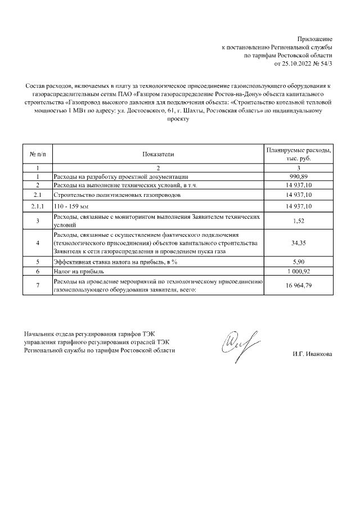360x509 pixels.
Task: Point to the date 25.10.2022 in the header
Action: (297, 64)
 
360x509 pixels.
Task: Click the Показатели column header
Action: (159, 154)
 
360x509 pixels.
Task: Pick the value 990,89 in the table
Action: (299, 176)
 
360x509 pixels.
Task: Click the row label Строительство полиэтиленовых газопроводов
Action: (117, 195)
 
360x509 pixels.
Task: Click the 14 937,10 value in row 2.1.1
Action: (299, 207)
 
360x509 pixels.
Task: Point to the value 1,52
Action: (299, 220)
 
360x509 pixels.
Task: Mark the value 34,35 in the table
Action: (299, 242)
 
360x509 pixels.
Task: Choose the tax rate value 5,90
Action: (299, 262)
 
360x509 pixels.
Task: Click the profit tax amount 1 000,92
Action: (299, 271)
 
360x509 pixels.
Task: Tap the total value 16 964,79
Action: (299, 285)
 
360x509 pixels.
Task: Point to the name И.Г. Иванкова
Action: (312, 354)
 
